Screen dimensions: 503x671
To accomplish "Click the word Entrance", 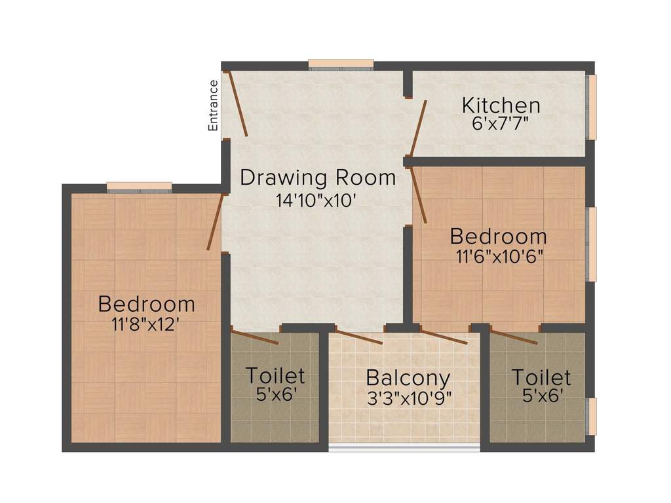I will [x=213, y=105].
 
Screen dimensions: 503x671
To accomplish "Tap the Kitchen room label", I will [x=501, y=105].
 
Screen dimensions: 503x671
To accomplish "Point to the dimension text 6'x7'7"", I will [x=501, y=124].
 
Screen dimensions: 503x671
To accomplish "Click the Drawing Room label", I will [x=318, y=177].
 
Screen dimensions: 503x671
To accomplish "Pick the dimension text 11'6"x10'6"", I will [x=498, y=255].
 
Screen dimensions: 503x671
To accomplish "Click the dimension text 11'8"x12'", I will [x=146, y=324].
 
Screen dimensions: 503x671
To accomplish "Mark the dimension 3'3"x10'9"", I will [x=409, y=398].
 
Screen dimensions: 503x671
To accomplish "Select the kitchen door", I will [x=418, y=126].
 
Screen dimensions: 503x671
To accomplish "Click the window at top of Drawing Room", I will [x=341, y=64].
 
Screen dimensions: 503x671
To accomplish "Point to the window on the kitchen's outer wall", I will [x=592, y=107].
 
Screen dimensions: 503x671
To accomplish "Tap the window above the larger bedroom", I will [x=139, y=187].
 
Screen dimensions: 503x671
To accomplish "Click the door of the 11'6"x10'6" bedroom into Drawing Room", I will [x=418, y=196].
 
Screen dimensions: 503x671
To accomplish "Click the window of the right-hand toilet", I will [x=592, y=417].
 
